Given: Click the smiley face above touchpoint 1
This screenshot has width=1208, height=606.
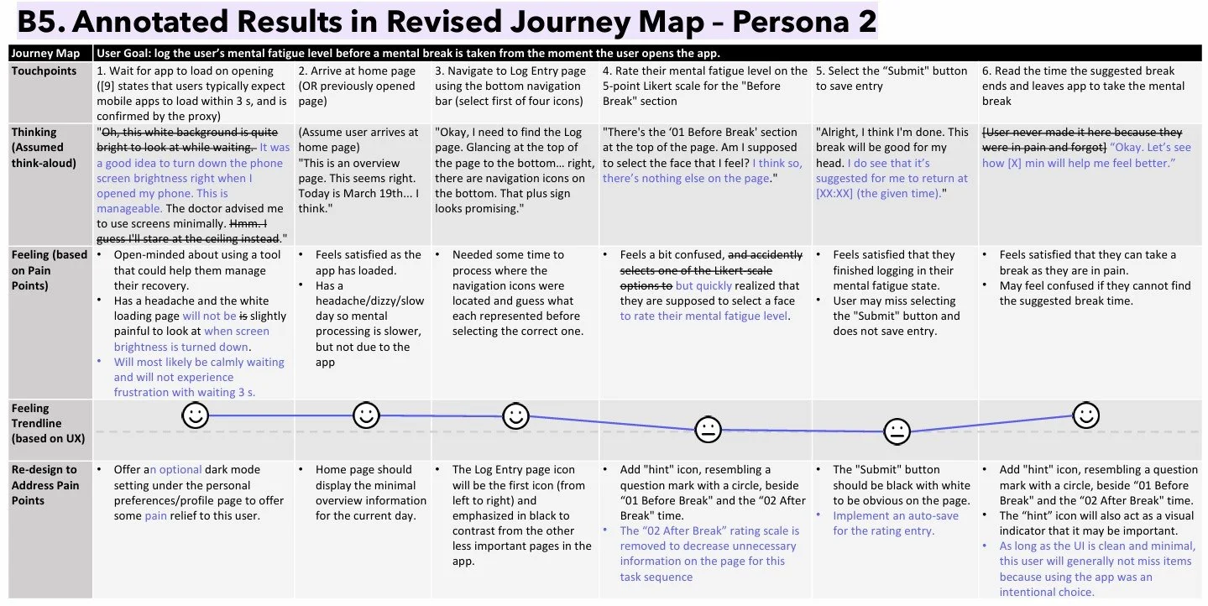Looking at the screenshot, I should point(196,415).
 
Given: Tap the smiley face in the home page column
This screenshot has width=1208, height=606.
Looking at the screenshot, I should point(366,415).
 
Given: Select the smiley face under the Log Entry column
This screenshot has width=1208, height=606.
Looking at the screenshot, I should point(515,415).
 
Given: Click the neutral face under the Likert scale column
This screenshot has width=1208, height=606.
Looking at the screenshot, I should point(708,430).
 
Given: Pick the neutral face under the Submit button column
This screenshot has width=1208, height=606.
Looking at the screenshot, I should point(897,431).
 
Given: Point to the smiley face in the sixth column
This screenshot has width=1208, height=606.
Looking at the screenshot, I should point(1086,415).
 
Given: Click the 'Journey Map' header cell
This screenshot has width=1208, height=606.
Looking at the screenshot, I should point(46,54).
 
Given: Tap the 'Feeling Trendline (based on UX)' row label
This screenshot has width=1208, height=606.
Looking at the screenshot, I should point(44,424).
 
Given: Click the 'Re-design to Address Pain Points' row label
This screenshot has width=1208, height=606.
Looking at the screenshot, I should point(44,485).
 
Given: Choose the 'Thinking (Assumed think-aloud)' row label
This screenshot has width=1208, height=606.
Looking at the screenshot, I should point(44,148).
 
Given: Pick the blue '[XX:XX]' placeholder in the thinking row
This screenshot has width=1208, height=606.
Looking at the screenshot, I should point(838,194).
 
